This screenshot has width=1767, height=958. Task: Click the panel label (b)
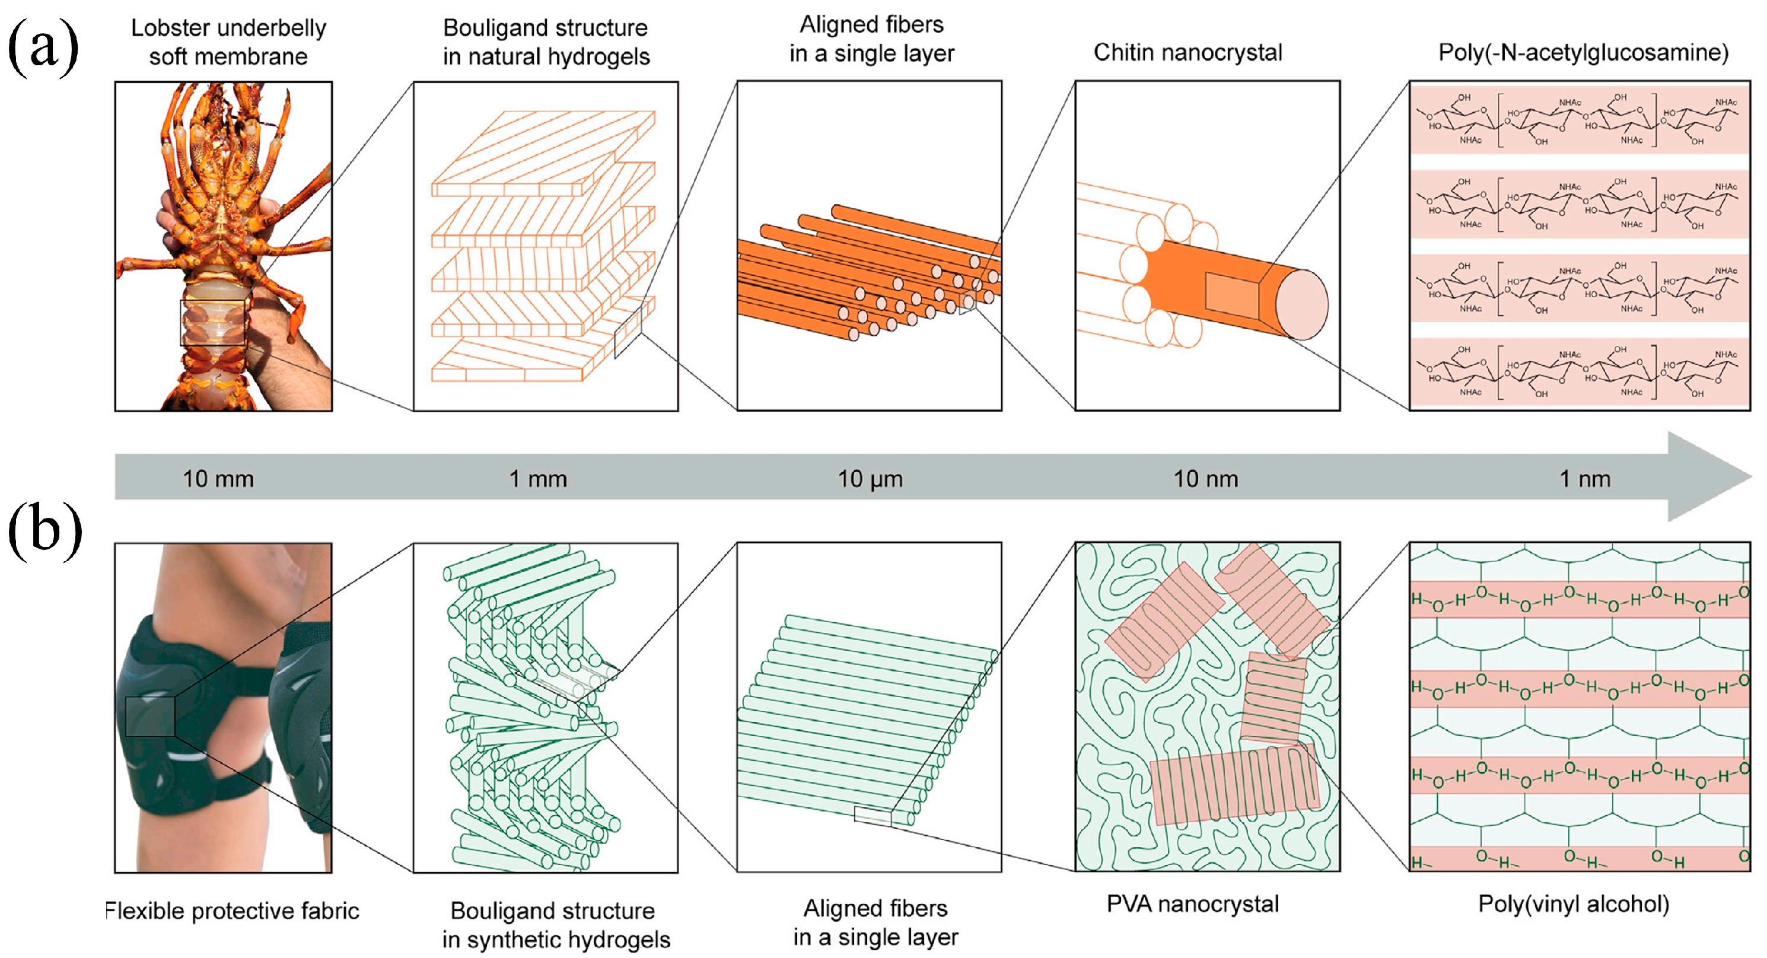[x=44, y=531]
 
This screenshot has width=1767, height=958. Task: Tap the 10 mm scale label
[x=218, y=479]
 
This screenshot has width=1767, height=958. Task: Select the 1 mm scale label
[x=538, y=479]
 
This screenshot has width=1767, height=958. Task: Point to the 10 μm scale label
[x=870, y=479]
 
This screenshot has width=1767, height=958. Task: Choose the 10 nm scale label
[x=1205, y=479]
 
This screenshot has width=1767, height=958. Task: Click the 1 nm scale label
[x=1584, y=479]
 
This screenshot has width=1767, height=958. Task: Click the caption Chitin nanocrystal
[x=1187, y=52]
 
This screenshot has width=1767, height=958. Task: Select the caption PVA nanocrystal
[x=1192, y=904]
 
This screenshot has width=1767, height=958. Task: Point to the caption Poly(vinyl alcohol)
[x=1574, y=904]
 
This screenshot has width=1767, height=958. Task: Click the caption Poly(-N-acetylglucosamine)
[x=1583, y=52]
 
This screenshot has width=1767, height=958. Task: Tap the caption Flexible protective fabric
[x=232, y=911]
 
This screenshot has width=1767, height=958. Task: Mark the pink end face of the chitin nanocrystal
[x=1301, y=304]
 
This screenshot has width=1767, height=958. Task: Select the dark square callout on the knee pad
[x=150, y=717]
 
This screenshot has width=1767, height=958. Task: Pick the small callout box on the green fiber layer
[x=873, y=816]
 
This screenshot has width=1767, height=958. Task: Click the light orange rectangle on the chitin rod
[x=1231, y=295]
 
